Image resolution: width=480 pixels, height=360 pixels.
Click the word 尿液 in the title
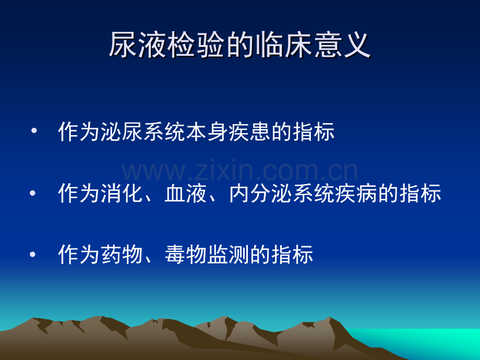(138, 45)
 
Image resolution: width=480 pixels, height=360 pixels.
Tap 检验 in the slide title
(197, 45)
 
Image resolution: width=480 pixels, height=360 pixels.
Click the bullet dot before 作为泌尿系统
(34, 131)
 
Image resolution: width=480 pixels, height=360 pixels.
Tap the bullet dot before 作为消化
(33, 193)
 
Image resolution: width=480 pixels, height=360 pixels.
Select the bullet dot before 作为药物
(33, 254)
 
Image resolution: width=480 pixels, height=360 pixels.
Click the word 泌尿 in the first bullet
(122, 131)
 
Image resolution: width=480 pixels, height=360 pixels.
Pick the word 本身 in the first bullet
(207, 131)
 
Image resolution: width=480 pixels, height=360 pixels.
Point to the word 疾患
(250, 131)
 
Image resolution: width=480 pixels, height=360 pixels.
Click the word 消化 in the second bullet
(122, 193)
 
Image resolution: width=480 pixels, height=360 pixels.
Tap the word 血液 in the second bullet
(186, 193)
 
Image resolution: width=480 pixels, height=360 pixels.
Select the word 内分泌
(260, 193)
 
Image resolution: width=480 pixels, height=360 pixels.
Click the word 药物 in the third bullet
(122, 255)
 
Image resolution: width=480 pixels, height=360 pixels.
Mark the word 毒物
(186, 255)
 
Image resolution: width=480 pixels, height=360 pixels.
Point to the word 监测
(229, 255)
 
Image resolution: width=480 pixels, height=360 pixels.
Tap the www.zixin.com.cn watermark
(239, 170)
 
